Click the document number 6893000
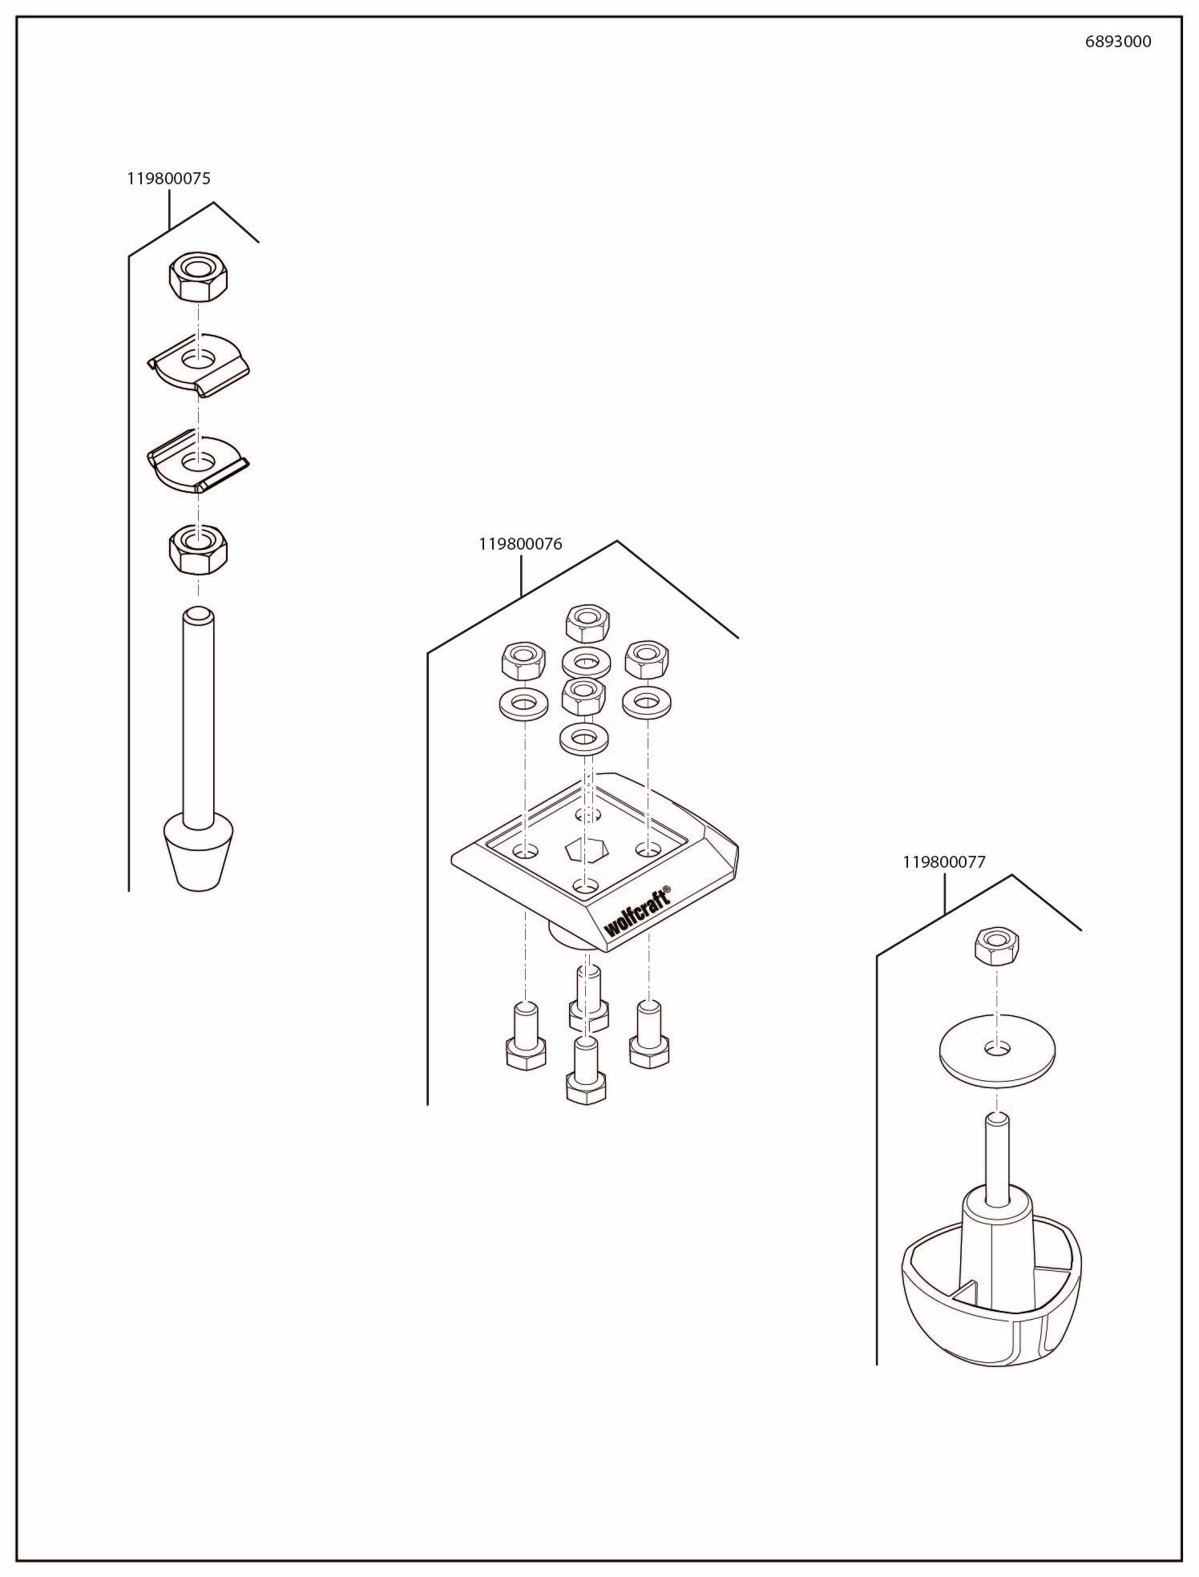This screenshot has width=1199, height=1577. coord(1117,42)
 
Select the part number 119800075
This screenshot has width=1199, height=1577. coord(168,179)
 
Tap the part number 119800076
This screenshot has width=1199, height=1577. coord(520,544)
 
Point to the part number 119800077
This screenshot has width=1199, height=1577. coord(943,862)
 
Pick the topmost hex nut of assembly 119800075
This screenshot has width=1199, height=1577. coord(198,276)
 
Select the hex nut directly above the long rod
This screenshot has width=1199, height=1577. coord(198,547)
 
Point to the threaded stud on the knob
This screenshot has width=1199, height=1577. coord(996,1161)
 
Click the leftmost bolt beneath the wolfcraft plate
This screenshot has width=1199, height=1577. coord(526,1038)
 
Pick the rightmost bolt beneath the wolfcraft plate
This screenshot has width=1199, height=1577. coord(648,1038)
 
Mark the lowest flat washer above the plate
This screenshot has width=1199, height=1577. coord(583,737)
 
